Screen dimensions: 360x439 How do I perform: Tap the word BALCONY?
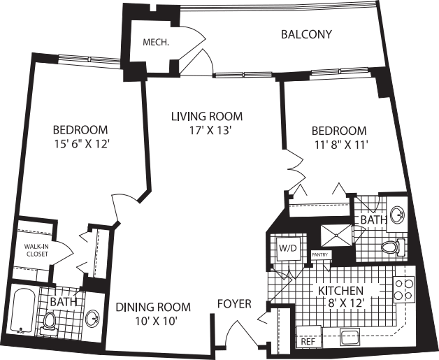(306, 34)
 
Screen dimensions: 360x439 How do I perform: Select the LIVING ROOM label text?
(207, 116)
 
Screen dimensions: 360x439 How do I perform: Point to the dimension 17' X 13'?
(207, 130)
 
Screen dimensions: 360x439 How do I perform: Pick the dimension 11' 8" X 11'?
(339, 145)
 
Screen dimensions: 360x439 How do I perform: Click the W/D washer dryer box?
(288, 248)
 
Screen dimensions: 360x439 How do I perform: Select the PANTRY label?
(320, 255)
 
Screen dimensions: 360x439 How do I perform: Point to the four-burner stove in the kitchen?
(405, 289)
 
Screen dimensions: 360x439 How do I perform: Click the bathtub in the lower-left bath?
(23, 312)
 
